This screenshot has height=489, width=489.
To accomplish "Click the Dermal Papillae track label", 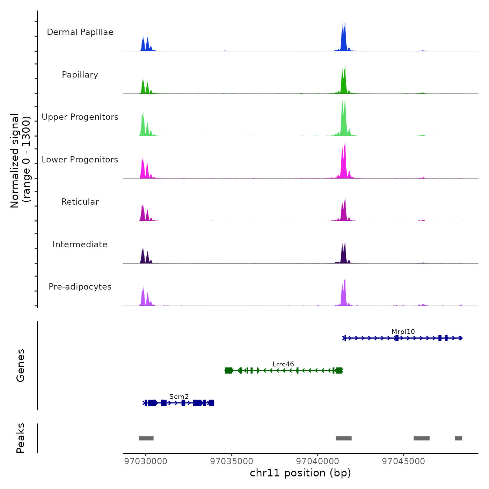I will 80,32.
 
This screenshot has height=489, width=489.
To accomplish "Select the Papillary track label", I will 80,75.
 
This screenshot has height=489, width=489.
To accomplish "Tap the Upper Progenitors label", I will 80,117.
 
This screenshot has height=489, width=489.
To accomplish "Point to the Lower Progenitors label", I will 80,160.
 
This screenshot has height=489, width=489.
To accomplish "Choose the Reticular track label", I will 80,202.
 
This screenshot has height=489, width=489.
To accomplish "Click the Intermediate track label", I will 80,245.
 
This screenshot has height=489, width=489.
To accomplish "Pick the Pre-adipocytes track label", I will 80,287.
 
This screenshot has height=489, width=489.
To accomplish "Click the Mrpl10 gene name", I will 403,331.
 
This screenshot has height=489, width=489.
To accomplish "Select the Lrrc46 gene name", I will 283,364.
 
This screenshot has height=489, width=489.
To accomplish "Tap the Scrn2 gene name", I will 179,396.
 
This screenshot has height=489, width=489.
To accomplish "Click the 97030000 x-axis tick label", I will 146,461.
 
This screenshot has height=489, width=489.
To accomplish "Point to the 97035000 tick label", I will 232,461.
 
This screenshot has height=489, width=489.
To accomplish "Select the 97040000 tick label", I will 318,461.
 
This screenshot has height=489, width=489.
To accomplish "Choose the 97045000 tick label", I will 403,461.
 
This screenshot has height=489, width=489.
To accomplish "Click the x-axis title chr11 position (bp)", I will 300,473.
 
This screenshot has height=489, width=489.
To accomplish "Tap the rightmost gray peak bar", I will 458,438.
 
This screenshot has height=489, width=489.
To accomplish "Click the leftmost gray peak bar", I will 146,438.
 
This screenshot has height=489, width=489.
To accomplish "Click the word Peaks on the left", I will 21,438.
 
